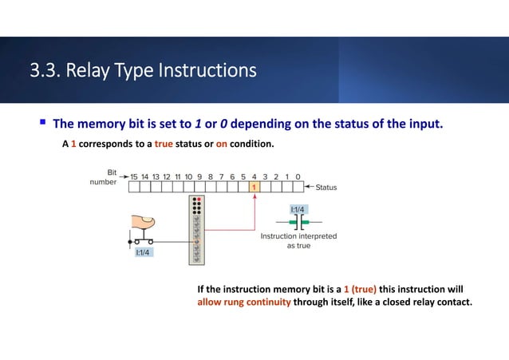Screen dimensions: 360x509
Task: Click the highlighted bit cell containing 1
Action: click(x=254, y=188)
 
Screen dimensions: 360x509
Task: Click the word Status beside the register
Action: click(x=326, y=188)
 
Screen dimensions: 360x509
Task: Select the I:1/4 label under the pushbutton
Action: click(x=144, y=252)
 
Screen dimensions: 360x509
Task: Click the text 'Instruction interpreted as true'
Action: click(x=299, y=241)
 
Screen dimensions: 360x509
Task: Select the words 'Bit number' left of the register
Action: click(x=105, y=176)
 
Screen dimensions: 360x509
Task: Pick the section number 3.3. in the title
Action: click(x=46, y=71)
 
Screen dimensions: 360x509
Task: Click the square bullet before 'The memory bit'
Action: click(x=41, y=125)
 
